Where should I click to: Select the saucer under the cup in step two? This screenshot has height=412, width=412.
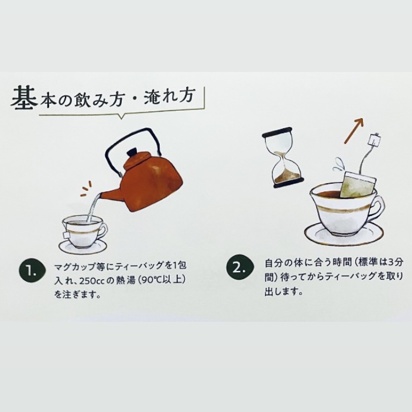click(x=338, y=235)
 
